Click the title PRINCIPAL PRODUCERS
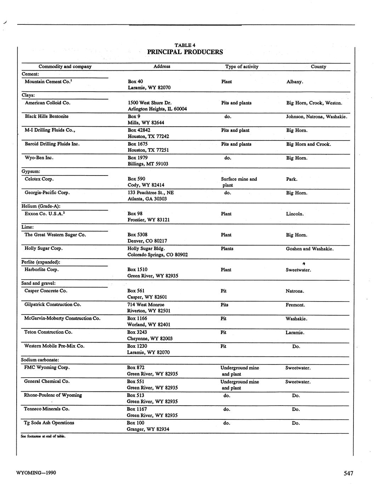[185, 52]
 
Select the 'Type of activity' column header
[242, 67]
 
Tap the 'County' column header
[318, 67]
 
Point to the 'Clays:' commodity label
[28, 95]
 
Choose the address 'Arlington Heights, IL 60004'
[157, 109]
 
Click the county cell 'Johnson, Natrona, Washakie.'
[316, 116]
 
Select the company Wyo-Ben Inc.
[39, 158]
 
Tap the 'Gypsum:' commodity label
[31, 172]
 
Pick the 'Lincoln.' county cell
[295, 214]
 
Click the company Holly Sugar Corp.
[43, 248]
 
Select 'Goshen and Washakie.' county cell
[310, 249]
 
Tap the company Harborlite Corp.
[41, 270]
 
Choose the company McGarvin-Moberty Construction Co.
[62, 318]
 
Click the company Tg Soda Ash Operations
[49, 423]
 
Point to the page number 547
[348, 473]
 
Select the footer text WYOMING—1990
[36, 473]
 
